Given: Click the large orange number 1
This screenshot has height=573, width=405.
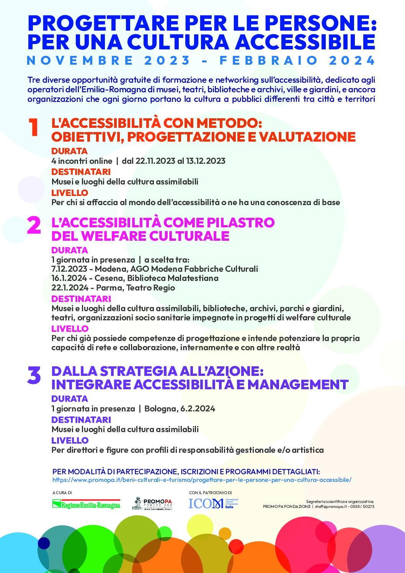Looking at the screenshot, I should point(33,127).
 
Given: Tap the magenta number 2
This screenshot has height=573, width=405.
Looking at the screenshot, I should point(34,225).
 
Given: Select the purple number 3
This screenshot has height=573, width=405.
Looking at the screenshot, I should point(34,375).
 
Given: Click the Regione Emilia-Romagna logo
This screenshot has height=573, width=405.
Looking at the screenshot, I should point(86,504).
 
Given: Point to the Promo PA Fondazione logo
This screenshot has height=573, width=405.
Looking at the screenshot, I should point(152,504).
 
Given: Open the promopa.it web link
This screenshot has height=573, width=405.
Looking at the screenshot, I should point(202,480).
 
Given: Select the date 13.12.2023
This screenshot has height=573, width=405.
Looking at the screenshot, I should point(206,161).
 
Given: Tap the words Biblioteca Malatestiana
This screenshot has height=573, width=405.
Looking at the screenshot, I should point(173,278).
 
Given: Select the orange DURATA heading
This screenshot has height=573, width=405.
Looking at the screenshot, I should point(69,151).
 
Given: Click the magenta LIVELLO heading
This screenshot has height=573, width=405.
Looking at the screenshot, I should point(70,329).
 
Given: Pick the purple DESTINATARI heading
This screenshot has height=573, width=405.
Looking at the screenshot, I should point(81,420).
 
